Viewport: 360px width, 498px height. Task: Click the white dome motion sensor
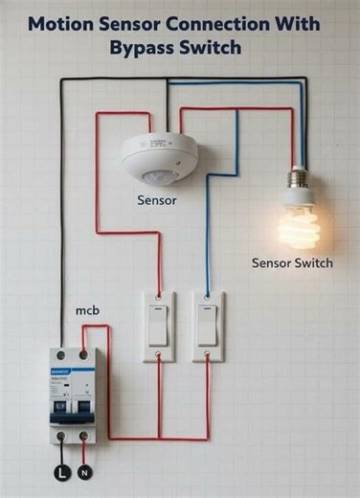point(159,155)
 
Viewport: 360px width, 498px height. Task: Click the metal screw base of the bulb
point(299,180)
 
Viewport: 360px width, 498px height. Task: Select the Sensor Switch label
point(292,263)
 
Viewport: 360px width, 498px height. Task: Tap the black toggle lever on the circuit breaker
point(71,408)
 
